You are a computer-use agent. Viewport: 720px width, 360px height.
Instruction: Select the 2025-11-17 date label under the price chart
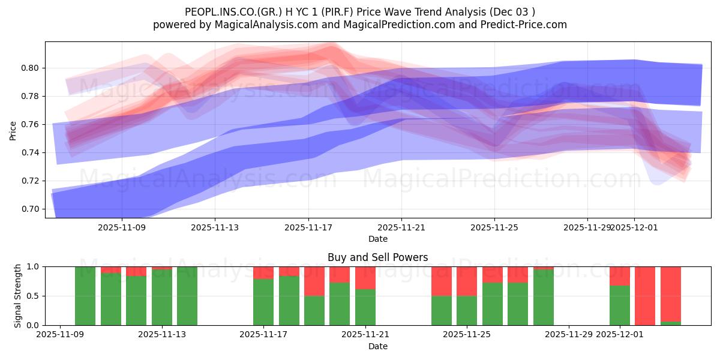tap(308, 227)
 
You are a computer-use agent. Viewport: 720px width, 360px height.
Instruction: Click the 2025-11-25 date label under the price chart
tap(494, 227)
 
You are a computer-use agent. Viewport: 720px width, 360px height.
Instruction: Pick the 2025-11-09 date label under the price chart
tap(122, 227)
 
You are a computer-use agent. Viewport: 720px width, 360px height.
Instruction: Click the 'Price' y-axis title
tap(13, 130)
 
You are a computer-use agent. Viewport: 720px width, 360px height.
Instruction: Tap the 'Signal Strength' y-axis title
tap(18, 295)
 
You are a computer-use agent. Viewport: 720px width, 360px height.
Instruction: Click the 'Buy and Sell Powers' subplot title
tap(377, 257)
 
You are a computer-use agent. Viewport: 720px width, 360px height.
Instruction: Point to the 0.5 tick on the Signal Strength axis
tap(33, 296)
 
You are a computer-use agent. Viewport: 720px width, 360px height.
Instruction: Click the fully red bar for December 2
tap(645, 296)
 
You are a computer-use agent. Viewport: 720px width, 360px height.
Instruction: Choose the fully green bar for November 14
tap(187, 296)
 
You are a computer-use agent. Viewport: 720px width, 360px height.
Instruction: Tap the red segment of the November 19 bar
tap(314, 281)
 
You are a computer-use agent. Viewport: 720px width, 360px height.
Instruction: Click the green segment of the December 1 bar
tap(620, 305)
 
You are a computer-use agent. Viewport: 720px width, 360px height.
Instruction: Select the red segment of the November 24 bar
tap(442, 281)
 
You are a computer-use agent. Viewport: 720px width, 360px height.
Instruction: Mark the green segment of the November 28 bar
tap(543, 298)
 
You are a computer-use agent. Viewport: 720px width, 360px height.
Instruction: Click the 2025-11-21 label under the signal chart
tap(365, 334)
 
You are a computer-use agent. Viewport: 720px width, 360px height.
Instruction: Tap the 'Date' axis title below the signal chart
tap(377, 346)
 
